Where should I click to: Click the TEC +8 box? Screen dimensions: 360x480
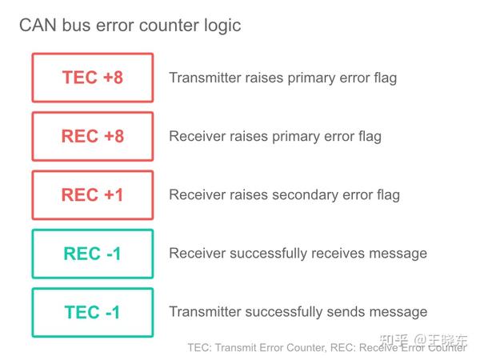tap(92, 78)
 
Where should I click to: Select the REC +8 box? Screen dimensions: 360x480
tap(92, 136)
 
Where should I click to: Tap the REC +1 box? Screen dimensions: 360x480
tap(92, 194)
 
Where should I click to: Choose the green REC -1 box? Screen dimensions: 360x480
tap(92, 254)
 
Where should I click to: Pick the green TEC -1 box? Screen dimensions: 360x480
tap(92, 312)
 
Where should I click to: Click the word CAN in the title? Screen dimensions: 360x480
tap(37, 26)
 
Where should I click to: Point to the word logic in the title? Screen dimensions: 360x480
tap(222, 26)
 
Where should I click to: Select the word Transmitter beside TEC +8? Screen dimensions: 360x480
tap(204, 78)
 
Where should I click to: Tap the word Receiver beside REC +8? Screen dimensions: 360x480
tap(196, 137)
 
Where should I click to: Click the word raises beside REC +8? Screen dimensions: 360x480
tap(247, 137)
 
